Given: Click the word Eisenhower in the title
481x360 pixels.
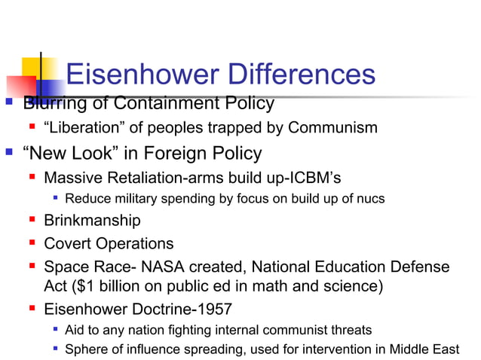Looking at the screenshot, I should [x=132, y=75].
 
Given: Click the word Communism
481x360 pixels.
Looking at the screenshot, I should [x=335, y=127].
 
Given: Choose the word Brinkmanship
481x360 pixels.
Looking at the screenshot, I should [x=92, y=221].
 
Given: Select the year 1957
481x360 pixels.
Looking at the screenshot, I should [x=213, y=308].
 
